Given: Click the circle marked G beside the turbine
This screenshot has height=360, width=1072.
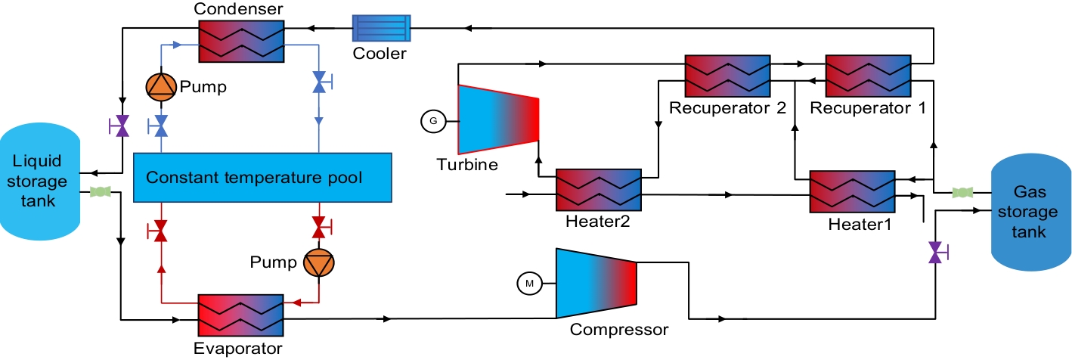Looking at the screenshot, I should coord(433,120).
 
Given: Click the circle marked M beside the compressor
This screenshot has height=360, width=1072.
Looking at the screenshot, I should coord(530,284).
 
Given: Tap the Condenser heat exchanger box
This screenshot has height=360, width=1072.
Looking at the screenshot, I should coord(240,41).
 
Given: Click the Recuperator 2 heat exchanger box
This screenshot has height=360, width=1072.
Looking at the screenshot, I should coord(727,74).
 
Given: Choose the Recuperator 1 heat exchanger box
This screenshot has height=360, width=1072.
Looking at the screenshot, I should coord(868,74).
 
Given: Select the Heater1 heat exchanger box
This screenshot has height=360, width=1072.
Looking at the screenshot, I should coord(852,191).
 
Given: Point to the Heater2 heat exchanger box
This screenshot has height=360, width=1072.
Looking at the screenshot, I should coord(599,189).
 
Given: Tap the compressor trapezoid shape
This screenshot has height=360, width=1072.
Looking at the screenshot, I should coord(596,283).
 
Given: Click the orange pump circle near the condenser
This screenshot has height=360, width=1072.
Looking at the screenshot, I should coord(160,88).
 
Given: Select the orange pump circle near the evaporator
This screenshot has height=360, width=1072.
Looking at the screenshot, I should coord(318,262).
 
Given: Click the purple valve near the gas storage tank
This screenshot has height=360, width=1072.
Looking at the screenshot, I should coord(936,251).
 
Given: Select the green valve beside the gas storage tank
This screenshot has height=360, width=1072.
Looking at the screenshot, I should coord(962,192).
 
